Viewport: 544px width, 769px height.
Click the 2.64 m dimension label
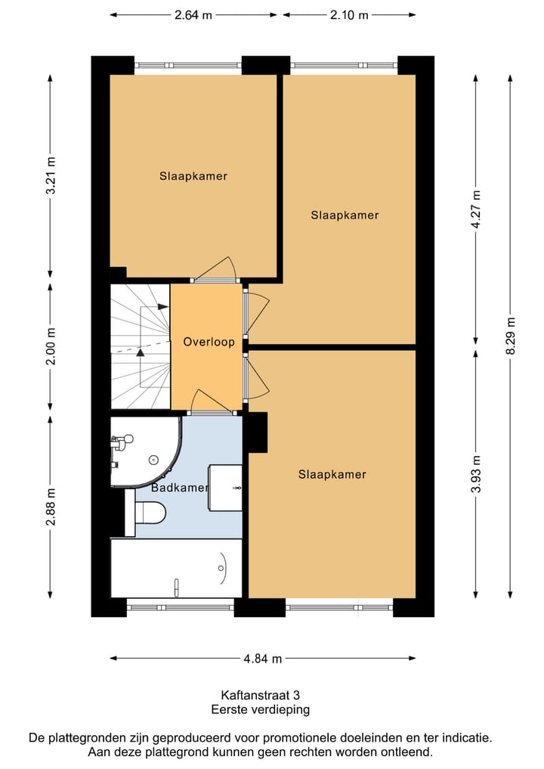click(193, 14)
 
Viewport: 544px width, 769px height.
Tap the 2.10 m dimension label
click(349, 14)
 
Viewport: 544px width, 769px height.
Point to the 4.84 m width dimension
click(262, 659)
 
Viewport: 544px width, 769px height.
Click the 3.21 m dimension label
click(51, 175)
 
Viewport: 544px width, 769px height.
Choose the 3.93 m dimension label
click(475, 473)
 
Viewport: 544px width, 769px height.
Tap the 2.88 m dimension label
click(51, 507)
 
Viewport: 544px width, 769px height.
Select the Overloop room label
click(209, 342)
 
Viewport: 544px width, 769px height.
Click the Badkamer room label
click(179, 488)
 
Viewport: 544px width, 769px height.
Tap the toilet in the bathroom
click(148, 513)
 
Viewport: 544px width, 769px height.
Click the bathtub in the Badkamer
click(176, 568)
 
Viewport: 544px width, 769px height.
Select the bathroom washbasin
click(226, 488)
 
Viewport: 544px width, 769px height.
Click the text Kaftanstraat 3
click(260, 694)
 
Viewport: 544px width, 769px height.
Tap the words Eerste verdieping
click(260, 709)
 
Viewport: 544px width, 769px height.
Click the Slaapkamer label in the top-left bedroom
click(193, 176)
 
